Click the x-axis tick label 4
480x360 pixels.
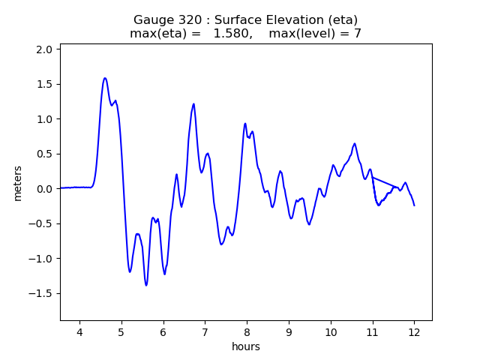point(79,331)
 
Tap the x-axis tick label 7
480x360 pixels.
point(205,331)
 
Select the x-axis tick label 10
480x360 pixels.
point(331,331)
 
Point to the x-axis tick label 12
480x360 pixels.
point(414,331)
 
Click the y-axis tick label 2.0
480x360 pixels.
point(45,49)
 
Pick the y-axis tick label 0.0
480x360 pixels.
point(45,189)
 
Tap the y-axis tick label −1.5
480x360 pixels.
point(42,294)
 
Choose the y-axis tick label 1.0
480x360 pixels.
point(45,119)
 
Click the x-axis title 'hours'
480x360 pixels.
point(246,346)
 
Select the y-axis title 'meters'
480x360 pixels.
point(18,183)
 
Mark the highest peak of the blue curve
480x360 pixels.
point(105,78)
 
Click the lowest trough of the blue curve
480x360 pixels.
point(146,285)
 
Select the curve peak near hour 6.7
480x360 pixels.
point(193,104)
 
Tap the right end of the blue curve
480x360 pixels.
point(414,205)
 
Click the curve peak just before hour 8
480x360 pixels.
point(245,124)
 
